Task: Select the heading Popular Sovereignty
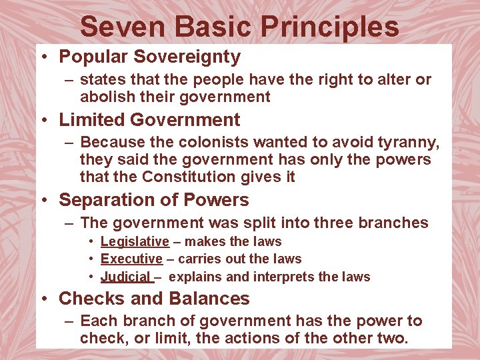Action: pos(149,57)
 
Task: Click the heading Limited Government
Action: pos(149,120)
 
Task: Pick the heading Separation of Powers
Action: pos(153,200)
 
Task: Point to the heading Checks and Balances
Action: pos(154,299)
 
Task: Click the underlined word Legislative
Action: pos(135,241)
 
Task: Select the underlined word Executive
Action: pos(131,259)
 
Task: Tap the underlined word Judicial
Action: pos(125,276)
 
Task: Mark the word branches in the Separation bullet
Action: pos(394,223)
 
